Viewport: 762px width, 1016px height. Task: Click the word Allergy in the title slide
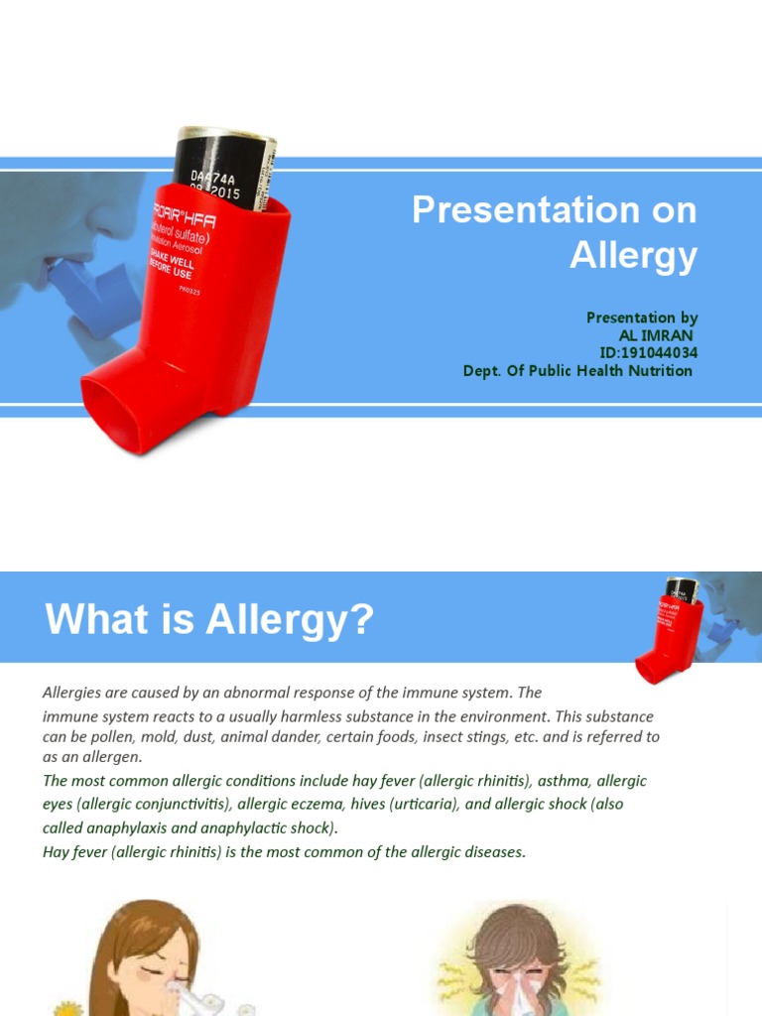633,256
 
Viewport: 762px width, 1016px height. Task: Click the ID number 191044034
657,353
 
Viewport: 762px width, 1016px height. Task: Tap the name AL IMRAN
657,335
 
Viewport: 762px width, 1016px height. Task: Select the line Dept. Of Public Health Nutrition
577,371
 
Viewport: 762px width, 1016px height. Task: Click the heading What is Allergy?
209,620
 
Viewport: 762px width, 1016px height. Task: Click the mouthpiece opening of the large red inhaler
124,413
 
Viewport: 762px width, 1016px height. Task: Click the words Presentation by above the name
641,317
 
